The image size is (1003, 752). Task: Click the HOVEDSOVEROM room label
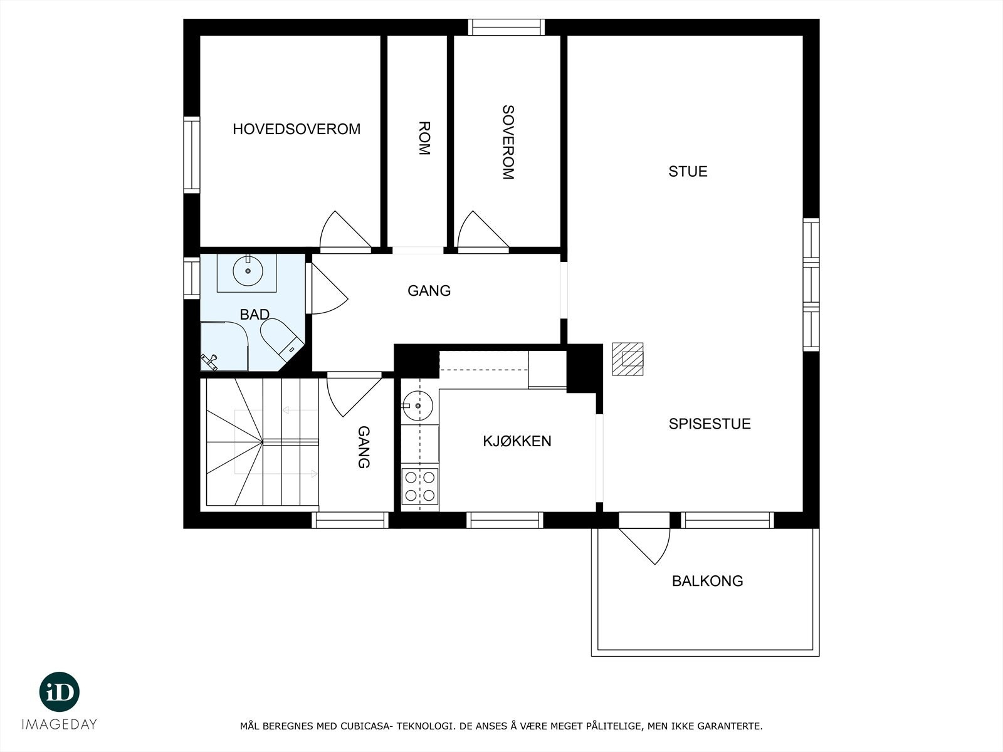pos(297,129)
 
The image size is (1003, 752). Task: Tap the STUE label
pos(688,172)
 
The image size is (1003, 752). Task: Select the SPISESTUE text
pos(709,424)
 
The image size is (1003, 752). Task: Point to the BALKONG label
pos(707,581)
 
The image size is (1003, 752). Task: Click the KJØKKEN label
pos(517,441)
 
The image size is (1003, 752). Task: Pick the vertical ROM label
pos(424,138)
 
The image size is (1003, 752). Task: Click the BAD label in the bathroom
pos(255,315)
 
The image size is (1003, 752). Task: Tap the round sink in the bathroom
pos(248,271)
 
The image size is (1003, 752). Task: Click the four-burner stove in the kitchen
pos(419,486)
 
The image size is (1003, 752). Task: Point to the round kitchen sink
pos(417,405)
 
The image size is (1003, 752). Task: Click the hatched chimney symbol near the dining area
pos(628,358)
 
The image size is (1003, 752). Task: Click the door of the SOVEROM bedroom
pos(480,232)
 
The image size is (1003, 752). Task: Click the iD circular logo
pos(60,692)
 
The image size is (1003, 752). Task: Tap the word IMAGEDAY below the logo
pos(60,724)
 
